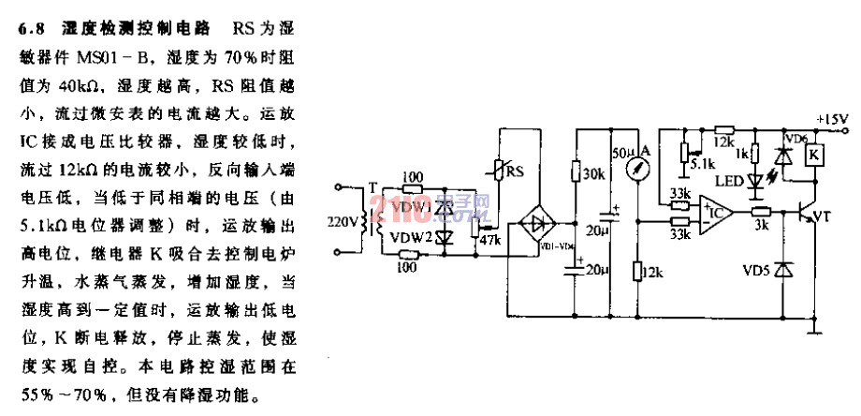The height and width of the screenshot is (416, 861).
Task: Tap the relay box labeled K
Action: [x=815, y=155]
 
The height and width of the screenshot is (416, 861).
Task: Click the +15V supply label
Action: [x=830, y=119]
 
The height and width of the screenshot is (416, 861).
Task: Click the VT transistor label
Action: [x=821, y=217]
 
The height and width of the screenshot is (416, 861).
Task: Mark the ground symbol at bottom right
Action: [x=818, y=327]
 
